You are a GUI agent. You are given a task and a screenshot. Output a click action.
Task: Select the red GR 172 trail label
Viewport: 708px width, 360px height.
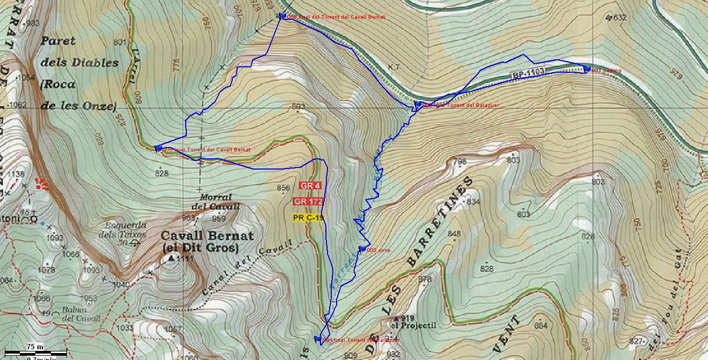click(308, 202)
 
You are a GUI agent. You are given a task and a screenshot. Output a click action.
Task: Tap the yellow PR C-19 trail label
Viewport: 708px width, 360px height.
click(308, 218)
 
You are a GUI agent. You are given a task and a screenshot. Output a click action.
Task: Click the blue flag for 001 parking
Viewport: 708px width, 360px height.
click(587, 69)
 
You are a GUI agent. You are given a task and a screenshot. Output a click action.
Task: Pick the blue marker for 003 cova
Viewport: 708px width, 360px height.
click(362, 249)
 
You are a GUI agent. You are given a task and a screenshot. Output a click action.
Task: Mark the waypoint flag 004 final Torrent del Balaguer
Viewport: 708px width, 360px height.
click(318, 339)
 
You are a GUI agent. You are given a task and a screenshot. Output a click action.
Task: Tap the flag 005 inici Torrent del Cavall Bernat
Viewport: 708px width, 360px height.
click(158, 148)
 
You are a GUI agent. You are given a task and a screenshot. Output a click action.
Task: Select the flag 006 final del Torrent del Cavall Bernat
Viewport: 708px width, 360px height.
click(283, 16)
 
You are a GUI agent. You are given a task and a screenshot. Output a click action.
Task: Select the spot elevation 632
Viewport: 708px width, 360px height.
click(619, 18)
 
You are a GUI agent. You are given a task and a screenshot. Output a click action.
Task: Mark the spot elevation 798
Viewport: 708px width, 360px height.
click(460, 161)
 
